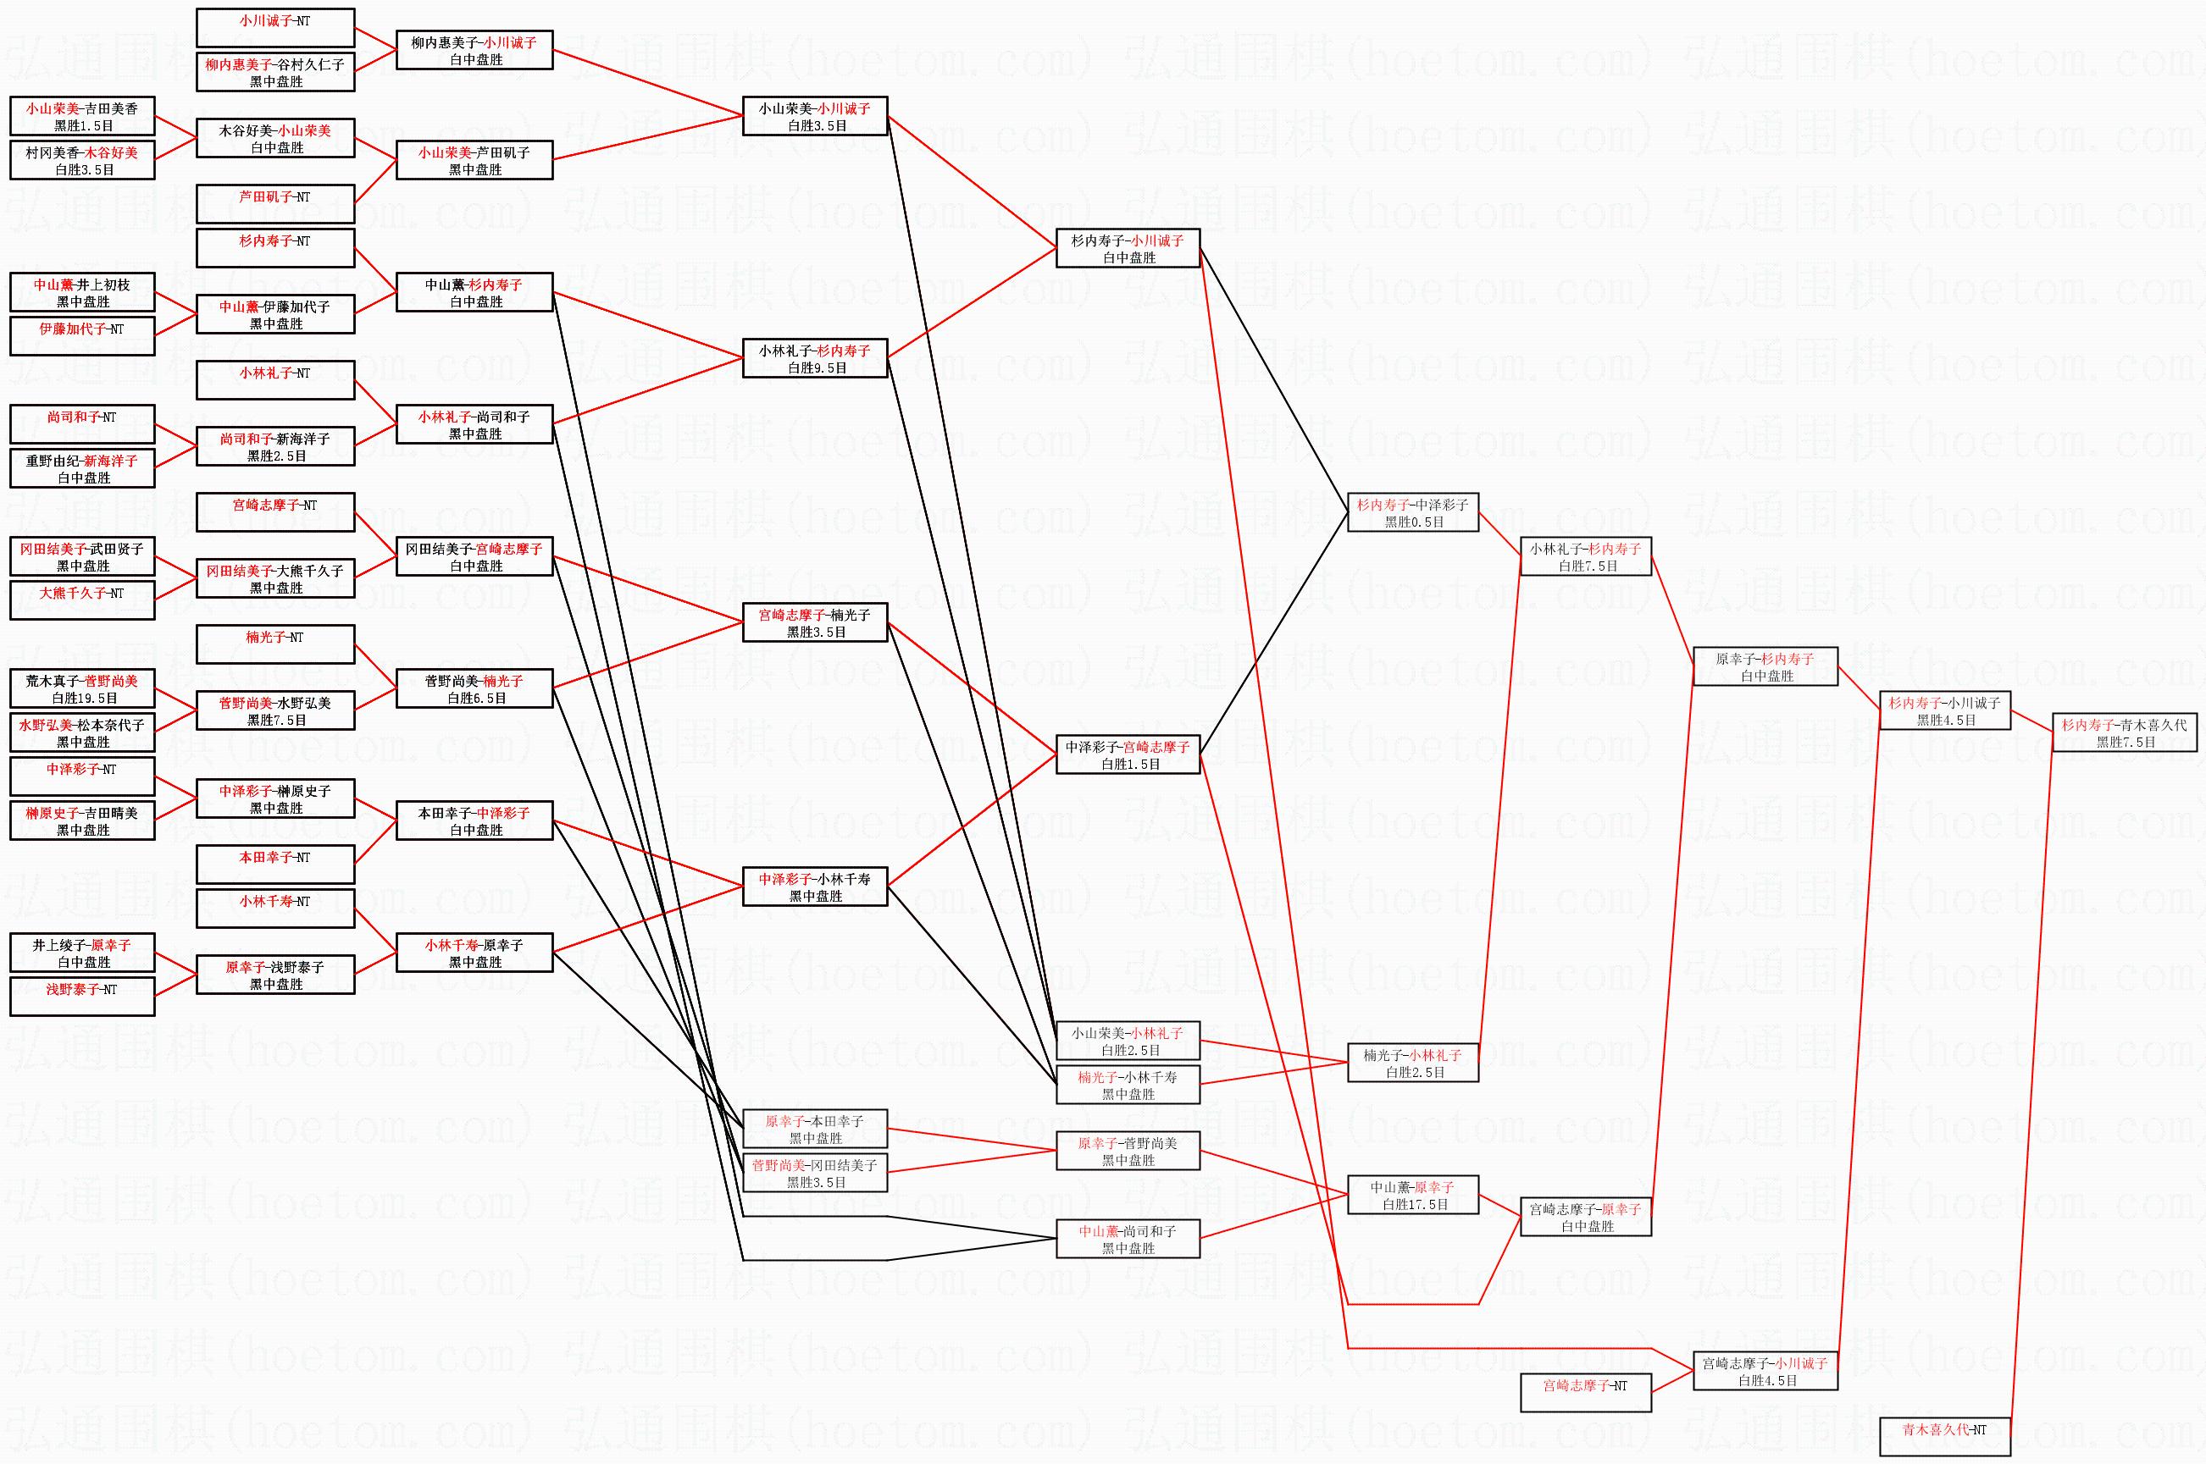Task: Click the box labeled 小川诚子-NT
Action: [x=275, y=28]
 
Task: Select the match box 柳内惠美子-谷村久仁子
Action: [x=275, y=72]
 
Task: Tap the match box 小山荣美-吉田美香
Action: [x=82, y=116]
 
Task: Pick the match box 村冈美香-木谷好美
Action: [x=82, y=160]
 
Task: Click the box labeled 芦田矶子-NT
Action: [x=275, y=203]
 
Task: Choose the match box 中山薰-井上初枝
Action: [x=82, y=292]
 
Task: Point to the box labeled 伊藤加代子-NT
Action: [x=82, y=336]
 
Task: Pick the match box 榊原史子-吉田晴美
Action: [x=82, y=820]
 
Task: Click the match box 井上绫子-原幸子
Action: [x=82, y=953]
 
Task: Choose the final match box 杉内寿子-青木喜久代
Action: [x=2125, y=732]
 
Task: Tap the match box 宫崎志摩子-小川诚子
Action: [x=1765, y=1371]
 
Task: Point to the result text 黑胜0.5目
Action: [x=1413, y=522]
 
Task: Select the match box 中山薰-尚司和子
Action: [x=1128, y=1238]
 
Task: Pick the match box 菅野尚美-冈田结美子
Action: [x=814, y=1173]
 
